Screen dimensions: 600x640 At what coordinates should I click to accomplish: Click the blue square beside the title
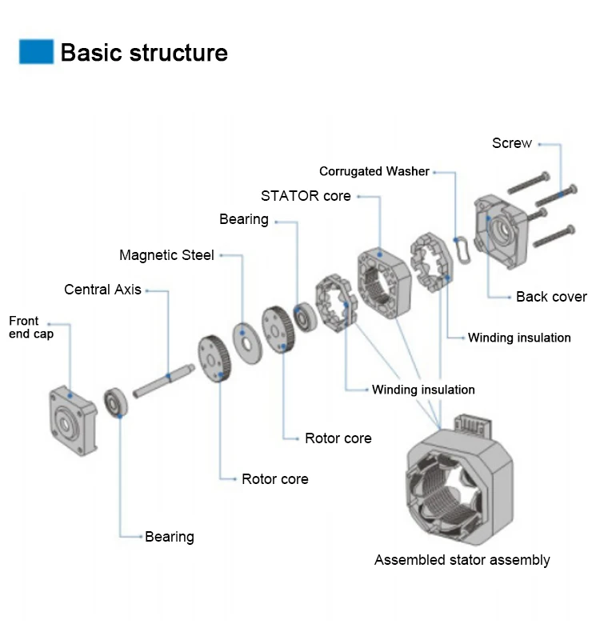point(36,51)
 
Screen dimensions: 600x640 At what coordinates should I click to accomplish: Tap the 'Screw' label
point(512,143)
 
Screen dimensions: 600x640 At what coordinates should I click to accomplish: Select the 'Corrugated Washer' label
point(374,171)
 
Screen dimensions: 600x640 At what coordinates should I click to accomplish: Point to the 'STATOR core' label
point(306,196)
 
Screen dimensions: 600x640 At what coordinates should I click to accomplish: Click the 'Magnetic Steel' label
point(166,255)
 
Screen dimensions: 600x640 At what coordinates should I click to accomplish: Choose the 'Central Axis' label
point(102,290)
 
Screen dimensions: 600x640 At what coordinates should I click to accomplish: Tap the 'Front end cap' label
point(31,327)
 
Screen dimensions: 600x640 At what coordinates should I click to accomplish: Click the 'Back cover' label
point(551,297)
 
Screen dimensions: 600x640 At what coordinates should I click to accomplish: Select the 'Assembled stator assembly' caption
point(462,560)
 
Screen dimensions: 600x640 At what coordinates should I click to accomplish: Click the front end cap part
point(73,421)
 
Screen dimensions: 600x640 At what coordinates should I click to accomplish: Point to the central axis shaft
point(164,381)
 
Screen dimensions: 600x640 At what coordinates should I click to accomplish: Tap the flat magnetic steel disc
point(247,343)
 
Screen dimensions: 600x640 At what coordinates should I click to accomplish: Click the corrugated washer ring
point(462,250)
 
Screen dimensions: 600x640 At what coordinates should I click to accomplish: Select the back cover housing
point(502,231)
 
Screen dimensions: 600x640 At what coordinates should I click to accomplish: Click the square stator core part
point(384,282)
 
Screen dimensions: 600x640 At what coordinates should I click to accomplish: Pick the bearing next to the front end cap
point(115,403)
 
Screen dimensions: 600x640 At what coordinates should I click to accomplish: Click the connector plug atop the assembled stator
point(474,425)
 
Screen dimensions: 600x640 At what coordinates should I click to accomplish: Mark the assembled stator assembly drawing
point(460,482)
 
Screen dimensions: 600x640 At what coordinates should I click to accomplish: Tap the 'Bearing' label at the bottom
point(170,537)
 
